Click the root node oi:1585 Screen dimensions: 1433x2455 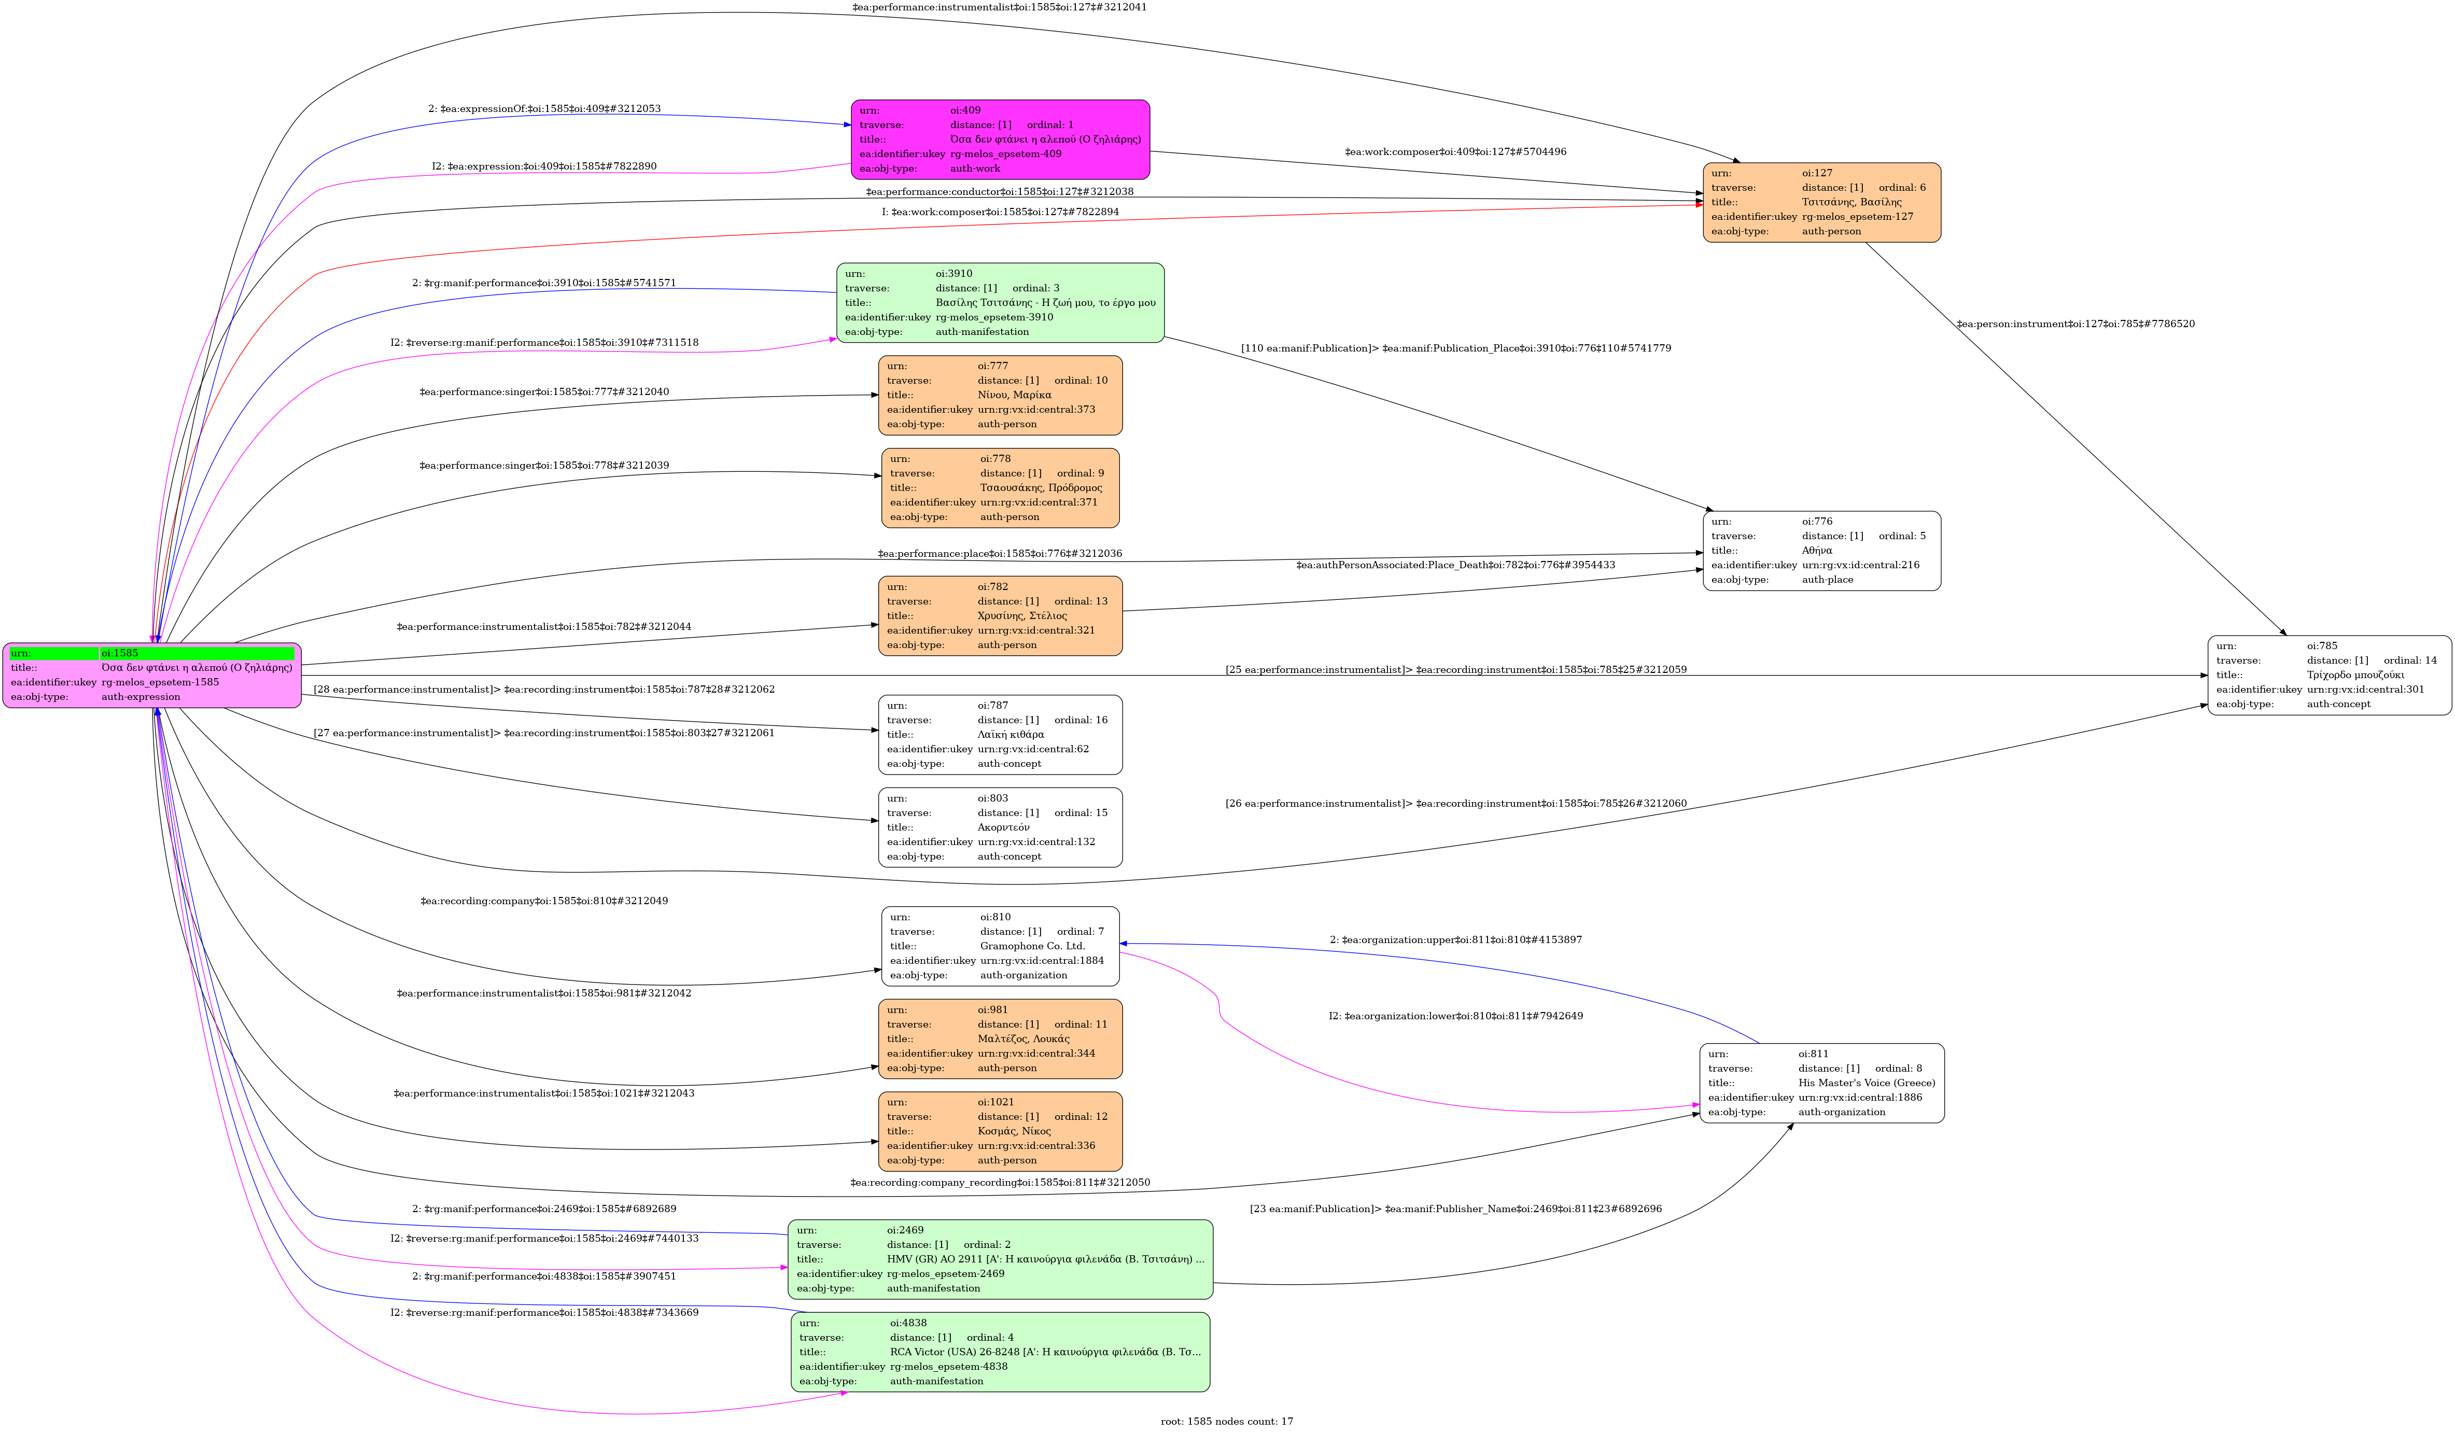(152, 675)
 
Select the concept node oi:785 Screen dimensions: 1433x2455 (2328, 675)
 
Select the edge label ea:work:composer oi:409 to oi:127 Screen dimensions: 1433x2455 (1455, 152)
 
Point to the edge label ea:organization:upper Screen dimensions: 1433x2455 (1455, 940)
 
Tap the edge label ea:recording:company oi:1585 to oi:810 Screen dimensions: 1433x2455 (543, 901)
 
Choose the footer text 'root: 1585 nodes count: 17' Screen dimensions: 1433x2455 (1227, 1421)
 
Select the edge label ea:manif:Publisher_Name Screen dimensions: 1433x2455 (1455, 1209)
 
